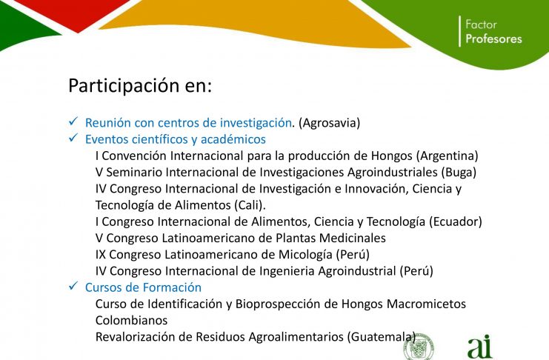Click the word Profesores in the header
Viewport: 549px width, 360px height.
pos(493,39)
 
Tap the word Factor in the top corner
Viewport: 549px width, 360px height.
pos(481,24)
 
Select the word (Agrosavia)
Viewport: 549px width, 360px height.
pos(329,122)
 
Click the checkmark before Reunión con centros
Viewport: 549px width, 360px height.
pos(73,121)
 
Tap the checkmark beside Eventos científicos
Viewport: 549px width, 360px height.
pos(73,138)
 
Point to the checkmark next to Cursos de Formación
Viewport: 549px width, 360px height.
pos(73,286)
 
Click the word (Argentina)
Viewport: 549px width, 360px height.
pos(447,156)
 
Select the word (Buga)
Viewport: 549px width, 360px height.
pos(459,172)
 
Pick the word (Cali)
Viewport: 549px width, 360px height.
pos(250,205)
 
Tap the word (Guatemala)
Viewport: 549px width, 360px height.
pos(382,336)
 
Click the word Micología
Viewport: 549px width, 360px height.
pos(305,254)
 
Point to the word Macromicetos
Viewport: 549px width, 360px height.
pos(426,304)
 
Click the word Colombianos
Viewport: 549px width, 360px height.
pos(131,320)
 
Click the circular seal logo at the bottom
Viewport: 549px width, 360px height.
pos(419,347)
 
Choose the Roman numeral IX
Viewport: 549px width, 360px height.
pos(100,254)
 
